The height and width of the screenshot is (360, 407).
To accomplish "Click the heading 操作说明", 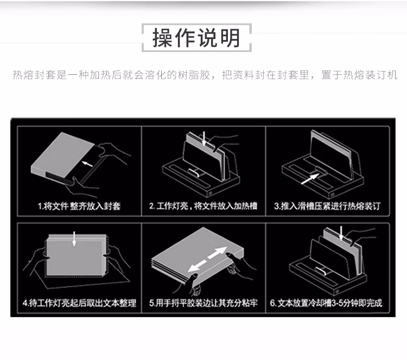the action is (x=196, y=38).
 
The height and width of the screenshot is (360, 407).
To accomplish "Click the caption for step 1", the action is (x=79, y=206).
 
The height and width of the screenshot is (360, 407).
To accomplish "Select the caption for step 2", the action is (x=203, y=206).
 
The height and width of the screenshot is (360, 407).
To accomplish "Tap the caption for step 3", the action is (x=327, y=206).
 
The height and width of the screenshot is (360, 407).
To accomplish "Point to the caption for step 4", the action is (x=79, y=303).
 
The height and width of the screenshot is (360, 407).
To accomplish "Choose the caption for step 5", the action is (x=203, y=303).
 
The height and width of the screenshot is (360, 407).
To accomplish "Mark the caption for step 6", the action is (x=326, y=303).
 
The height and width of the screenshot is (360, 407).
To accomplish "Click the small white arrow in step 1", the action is (x=87, y=164).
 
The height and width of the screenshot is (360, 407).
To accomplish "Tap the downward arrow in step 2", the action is (x=204, y=139).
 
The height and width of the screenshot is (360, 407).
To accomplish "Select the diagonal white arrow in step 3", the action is (x=310, y=179).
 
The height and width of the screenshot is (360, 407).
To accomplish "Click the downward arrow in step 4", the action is (x=74, y=239).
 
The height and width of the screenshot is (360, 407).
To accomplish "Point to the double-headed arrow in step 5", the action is (x=208, y=259).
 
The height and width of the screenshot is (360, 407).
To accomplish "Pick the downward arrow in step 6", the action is (x=341, y=233).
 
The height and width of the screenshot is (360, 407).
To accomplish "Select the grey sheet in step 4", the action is (x=75, y=256).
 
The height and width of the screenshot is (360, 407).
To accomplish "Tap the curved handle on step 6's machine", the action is (x=321, y=272).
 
